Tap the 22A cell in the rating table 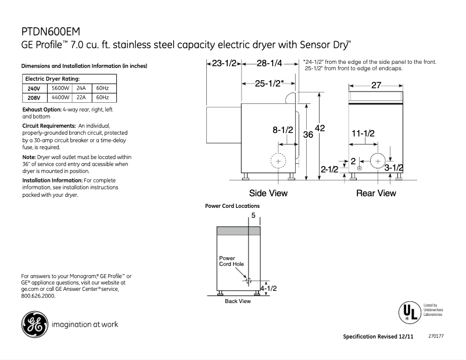click(81, 98)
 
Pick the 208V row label click(34, 98)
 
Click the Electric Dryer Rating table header click(52, 78)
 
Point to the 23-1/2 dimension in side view click(224, 63)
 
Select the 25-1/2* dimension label click(269, 84)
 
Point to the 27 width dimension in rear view click(376, 85)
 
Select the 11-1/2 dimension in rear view click(363, 133)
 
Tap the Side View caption click(268, 193)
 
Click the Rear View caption click(376, 193)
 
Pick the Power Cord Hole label click(231, 261)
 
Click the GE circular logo click(33, 324)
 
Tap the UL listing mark click(409, 312)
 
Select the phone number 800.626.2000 click(38, 296)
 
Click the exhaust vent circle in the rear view click(378, 161)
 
